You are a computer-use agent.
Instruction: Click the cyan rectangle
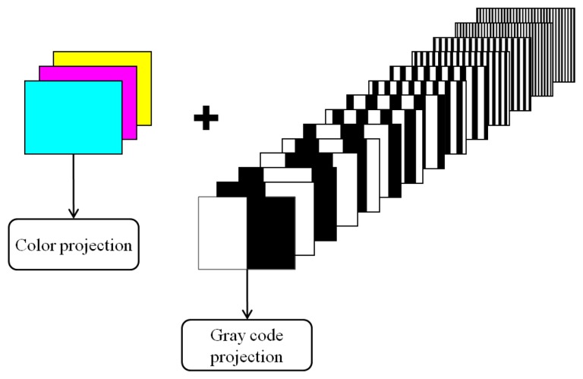click(x=73, y=118)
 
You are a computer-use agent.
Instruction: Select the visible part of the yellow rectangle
click(x=144, y=76)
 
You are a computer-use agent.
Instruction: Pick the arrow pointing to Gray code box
click(x=246, y=292)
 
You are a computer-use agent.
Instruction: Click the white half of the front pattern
click(x=222, y=232)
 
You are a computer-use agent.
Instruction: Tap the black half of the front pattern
click(x=270, y=232)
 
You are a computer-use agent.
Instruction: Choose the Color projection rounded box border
click(x=74, y=221)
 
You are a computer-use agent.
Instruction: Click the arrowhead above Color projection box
click(x=73, y=213)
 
